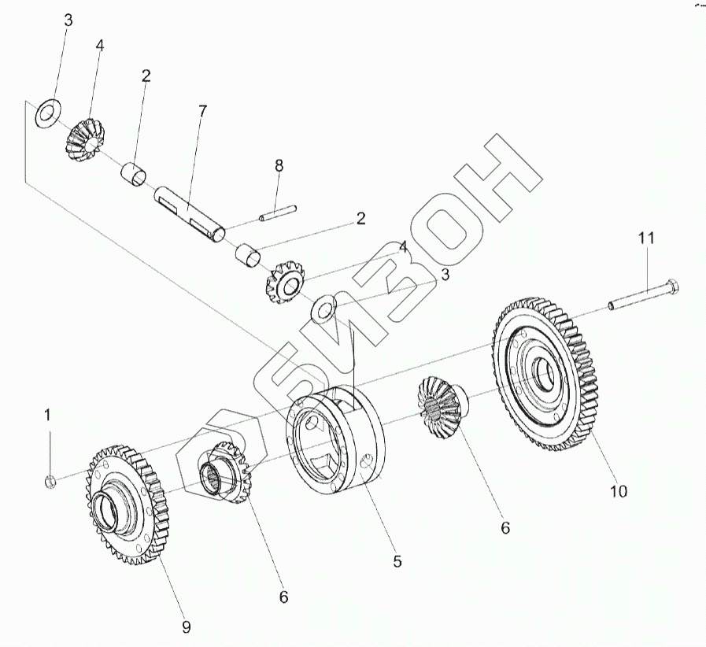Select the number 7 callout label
pos(202,111)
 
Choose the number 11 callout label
pos(645,237)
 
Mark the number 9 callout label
pos(186,627)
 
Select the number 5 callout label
pos(397,561)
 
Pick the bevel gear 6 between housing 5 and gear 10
pos(442,409)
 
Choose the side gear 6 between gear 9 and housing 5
pos(228,472)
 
